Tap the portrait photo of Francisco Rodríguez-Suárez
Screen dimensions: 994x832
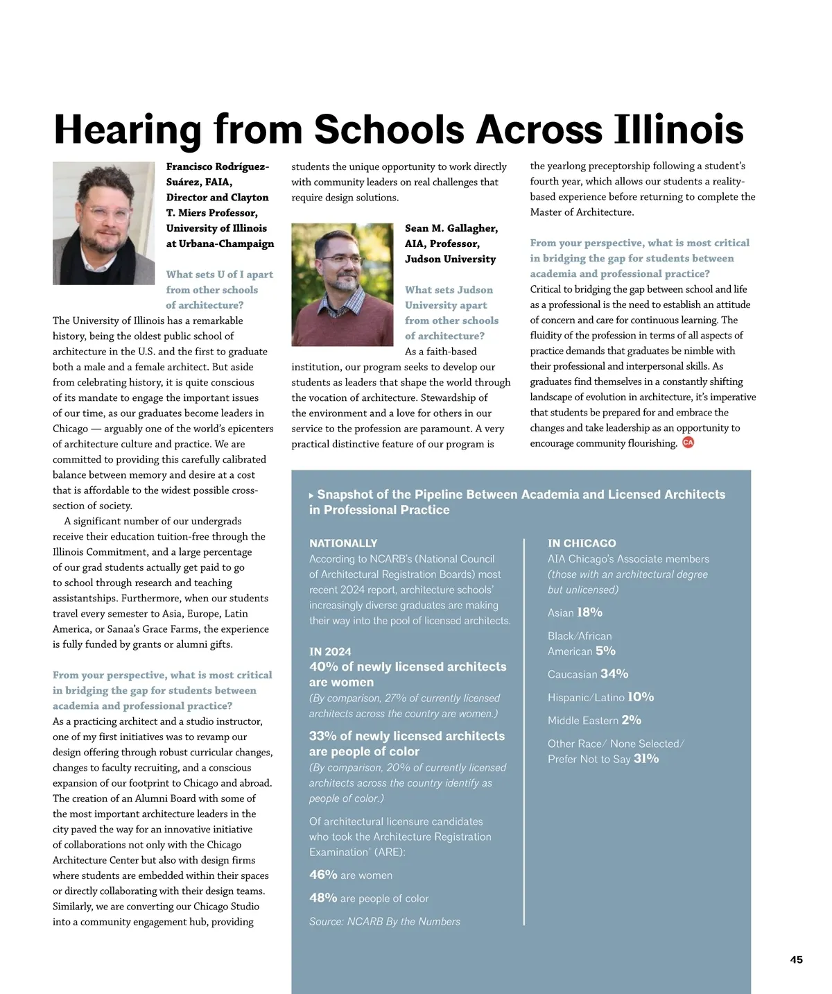(103, 223)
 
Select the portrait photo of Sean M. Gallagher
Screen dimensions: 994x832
(342, 284)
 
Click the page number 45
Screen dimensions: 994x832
(796, 959)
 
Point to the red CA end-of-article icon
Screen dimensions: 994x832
(688, 443)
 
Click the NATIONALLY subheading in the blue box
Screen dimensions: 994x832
(343, 543)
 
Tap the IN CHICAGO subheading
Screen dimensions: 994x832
(582, 543)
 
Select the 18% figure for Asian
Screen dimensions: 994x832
(589, 612)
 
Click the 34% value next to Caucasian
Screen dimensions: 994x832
(614, 674)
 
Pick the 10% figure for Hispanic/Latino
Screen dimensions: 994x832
(641, 696)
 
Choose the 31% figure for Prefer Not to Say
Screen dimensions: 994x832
(646, 758)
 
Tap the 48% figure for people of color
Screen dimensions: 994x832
(323, 898)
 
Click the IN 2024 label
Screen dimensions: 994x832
(330, 651)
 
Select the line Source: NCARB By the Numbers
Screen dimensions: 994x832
(384, 921)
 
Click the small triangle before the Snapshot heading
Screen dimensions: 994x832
(311, 495)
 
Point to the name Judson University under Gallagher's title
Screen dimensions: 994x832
(450, 259)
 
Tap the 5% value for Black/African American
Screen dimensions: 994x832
(605, 651)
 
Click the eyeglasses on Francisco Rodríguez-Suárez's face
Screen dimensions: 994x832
(107, 212)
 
